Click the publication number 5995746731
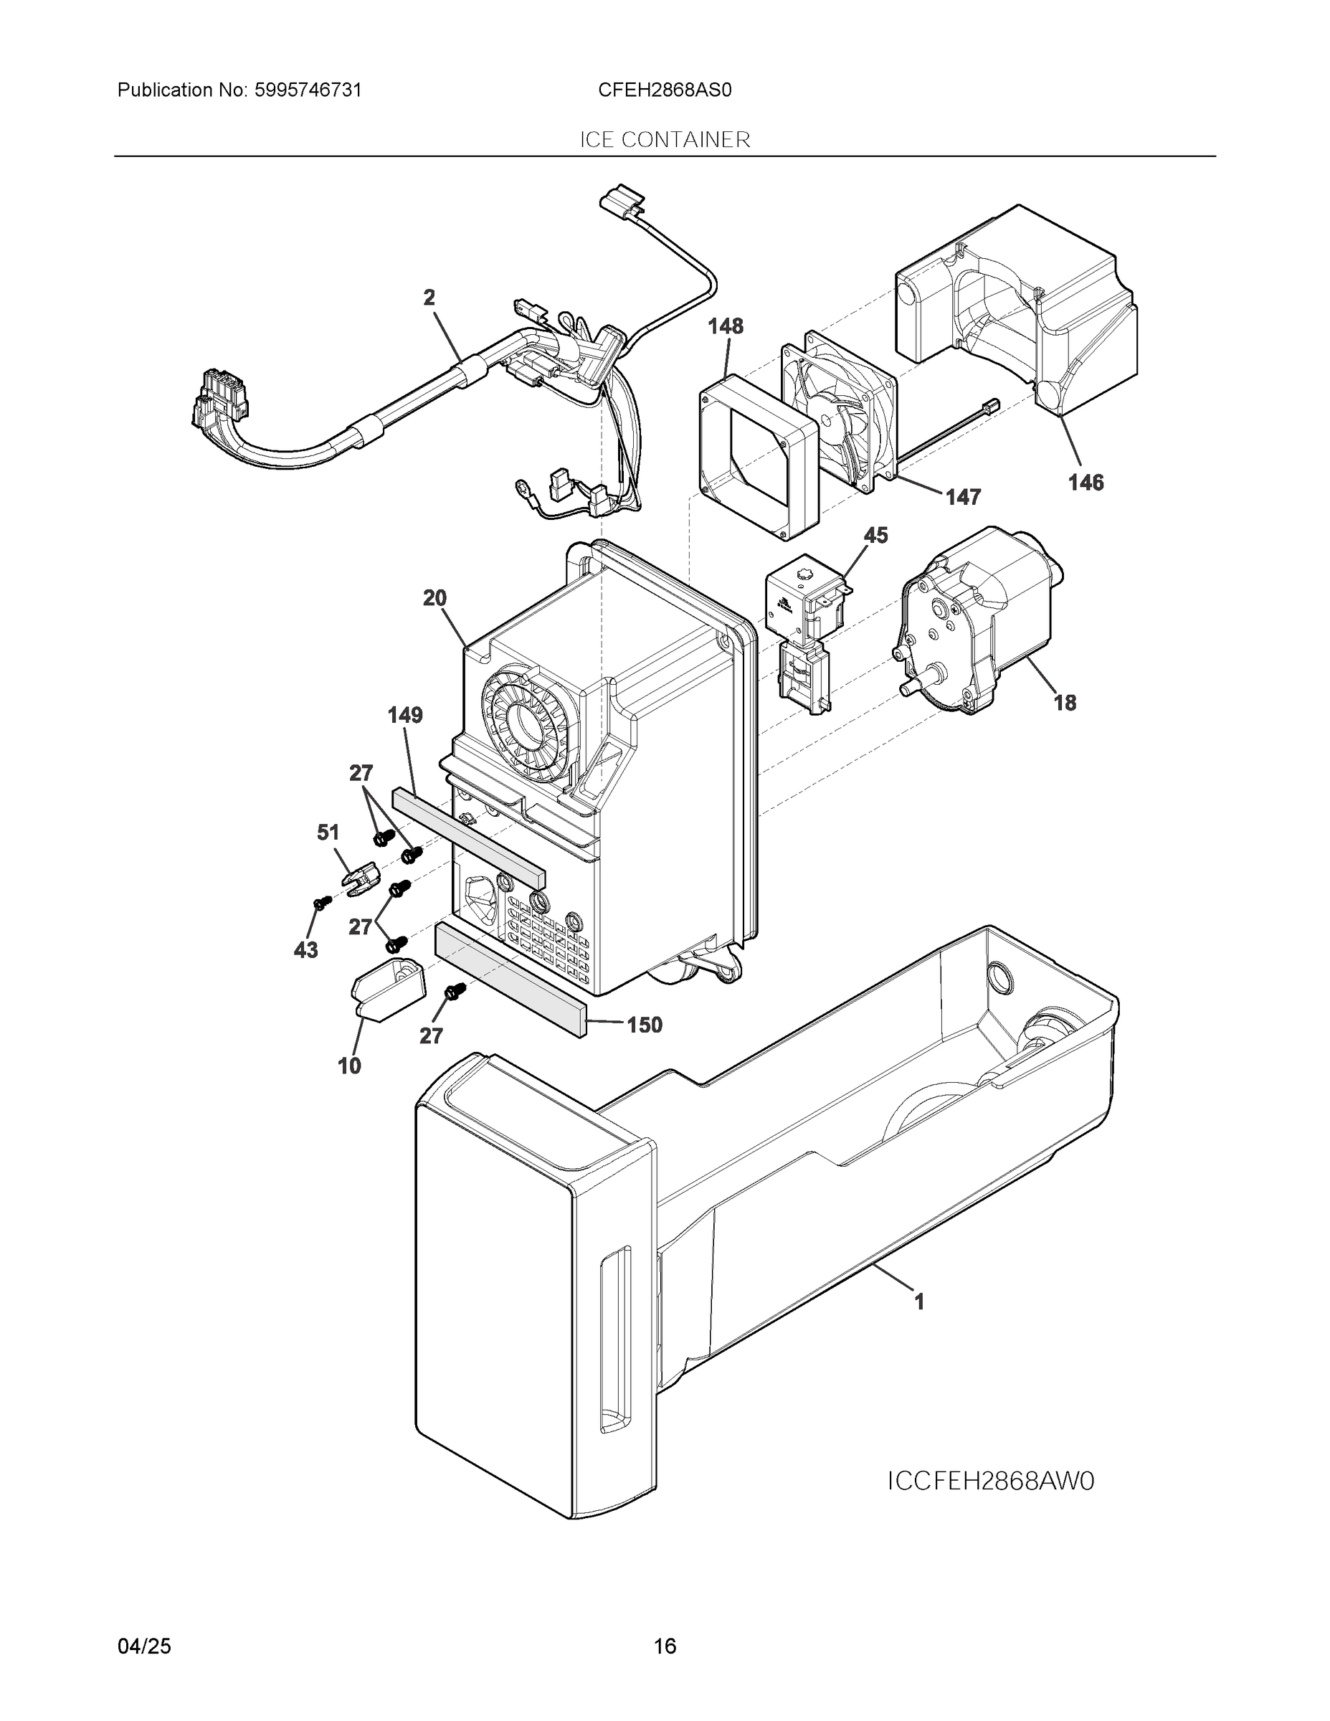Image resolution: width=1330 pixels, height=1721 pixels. [x=308, y=90]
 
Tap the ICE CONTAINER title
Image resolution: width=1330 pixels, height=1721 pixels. [x=665, y=141]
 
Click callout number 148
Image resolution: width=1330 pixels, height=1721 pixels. [x=725, y=326]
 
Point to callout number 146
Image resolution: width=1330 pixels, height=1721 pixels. [x=1085, y=483]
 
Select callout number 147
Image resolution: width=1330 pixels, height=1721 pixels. [x=963, y=497]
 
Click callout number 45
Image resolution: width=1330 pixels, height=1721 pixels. [x=875, y=536]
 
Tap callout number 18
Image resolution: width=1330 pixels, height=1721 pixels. [x=1065, y=703]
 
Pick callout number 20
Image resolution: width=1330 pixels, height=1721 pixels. [x=435, y=598]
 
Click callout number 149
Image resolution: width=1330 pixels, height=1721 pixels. [x=405, y=716]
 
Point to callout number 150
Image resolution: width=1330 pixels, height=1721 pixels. [x=645, y=1025]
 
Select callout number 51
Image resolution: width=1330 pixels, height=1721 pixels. [x=328, y=832]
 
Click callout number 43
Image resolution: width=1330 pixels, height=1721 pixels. [x=305, y=950]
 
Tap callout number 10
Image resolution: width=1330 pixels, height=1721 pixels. [x=349, y=1066]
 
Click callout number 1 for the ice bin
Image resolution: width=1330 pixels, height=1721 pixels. [x=918, y=1302]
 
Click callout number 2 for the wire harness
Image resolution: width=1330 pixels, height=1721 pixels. [x=429, y=298]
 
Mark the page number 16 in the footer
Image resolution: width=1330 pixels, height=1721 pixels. [x=665, y=1646]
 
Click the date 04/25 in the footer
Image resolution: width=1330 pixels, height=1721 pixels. [x=144, y=1646]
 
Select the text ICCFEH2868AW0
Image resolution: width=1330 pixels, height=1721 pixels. [x=990, y=1481]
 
